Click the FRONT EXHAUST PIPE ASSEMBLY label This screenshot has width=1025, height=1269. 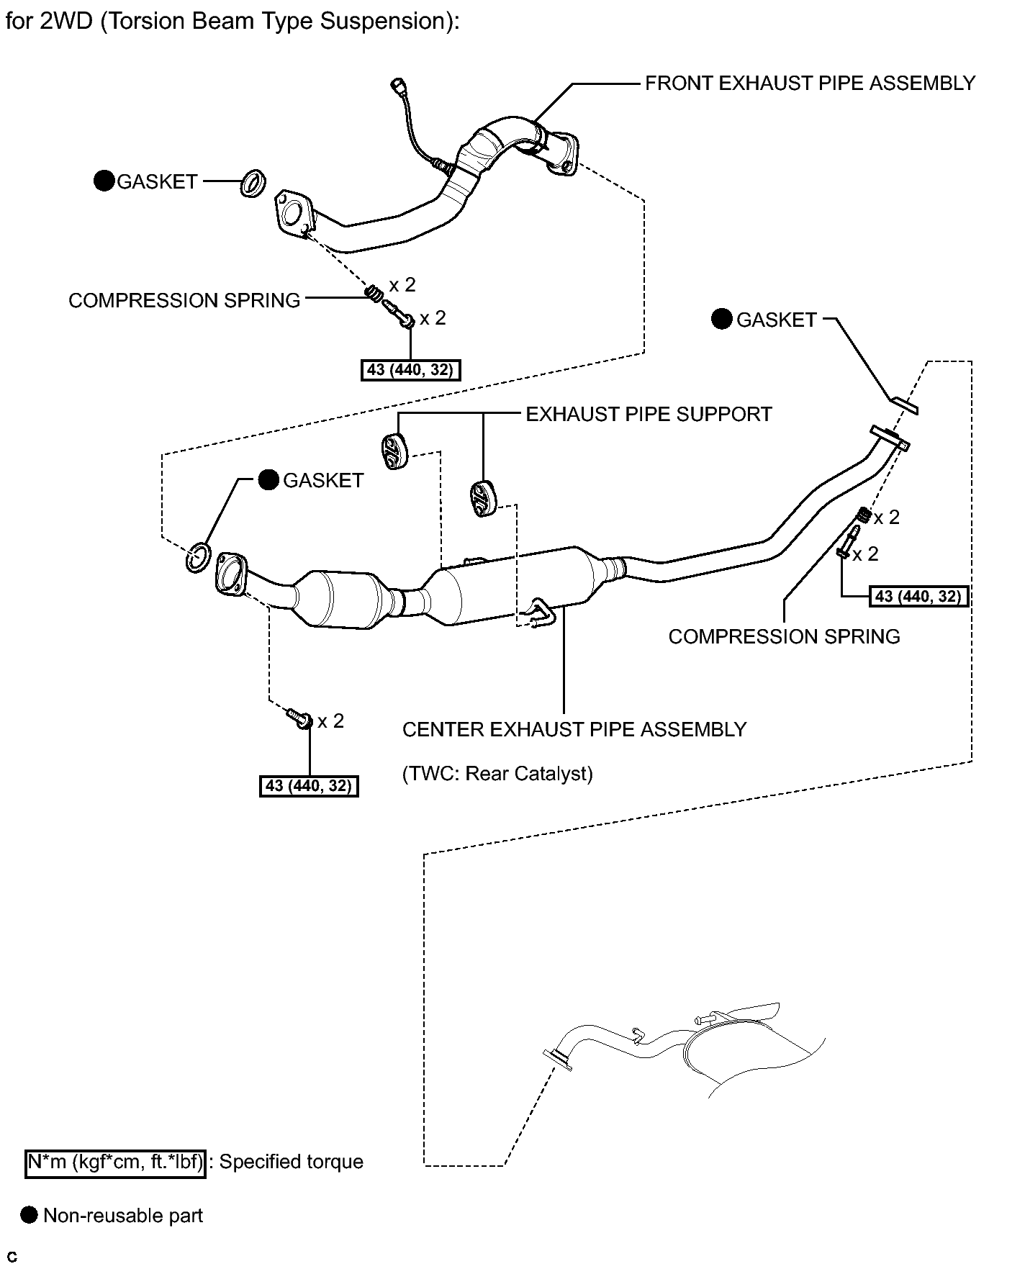pyautogui.click(x=809, y=83)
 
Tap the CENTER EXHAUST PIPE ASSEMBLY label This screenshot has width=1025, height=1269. pyautogui.click(x=574, y=730)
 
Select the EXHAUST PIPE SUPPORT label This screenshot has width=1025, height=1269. pyautogui.click(x=649, y=415)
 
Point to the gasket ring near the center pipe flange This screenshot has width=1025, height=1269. pyautogui.click(x=198, y=558)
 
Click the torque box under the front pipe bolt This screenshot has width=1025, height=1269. pyautogui.click(x=410, y=370)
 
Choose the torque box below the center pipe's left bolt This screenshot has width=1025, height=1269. pyautogui.click(x=308, y=786)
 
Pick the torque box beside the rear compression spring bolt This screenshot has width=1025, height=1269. pyautogui.click(x=919, y=596)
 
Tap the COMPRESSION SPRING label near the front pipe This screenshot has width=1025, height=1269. pyautogui.click(x=184, y=300)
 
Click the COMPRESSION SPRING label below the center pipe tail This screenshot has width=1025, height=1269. pyautogui.click(x=784, y=636)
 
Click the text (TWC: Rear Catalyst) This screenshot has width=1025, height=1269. pyautogui.click(x=497, y=773)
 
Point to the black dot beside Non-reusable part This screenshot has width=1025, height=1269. pyautogui.click(x=29, y=1216)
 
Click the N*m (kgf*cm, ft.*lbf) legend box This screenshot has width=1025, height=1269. pyautogui.click(x=116, y=1162)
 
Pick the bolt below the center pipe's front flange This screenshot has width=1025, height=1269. pyautogui.click(x=299, y=718)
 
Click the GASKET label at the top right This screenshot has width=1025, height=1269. pyautogui.click(x=776, y=320)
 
